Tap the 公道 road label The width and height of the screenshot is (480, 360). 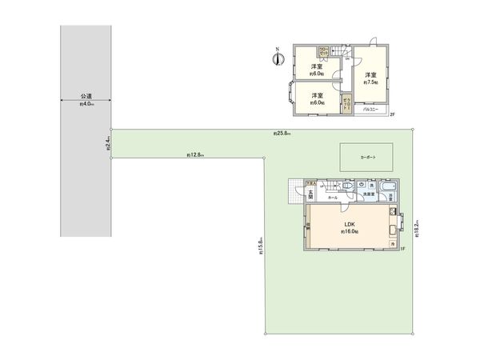click(86, 94)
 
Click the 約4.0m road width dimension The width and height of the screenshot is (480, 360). click(86, 104)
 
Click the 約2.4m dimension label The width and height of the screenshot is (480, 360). click(108, 144)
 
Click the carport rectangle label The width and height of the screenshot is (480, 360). click(367, 158)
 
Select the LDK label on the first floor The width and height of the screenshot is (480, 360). click(349, 223)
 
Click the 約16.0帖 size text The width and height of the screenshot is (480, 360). click(349, 231)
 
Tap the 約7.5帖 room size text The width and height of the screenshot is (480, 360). click(370, 82)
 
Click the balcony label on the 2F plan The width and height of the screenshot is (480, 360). click(370, 111)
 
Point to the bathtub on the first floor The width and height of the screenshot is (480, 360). click(387, 190)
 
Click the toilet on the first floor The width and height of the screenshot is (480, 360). click(340, 186)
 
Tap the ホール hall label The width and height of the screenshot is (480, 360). click(332, 198)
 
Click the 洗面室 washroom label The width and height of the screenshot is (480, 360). click(370, 195)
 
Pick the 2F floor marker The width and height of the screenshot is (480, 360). click(392, 115)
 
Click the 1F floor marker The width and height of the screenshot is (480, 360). click(403, 249)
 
